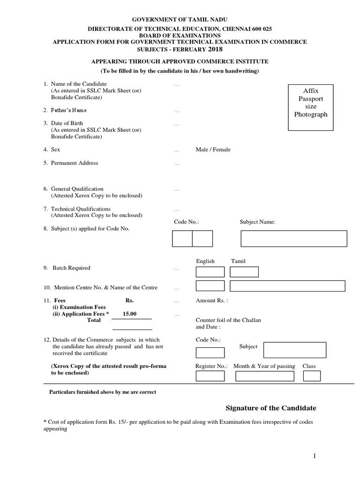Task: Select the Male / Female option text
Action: pyautogui.click(x=213, y=150)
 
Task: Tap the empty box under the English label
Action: pyautogui.click(x=210, y=272)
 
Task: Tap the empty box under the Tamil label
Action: pyautogui.click(x=244, y=272)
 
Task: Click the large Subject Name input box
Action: pyautogui.click(x=293, y=239)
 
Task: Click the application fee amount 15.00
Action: pyautogui.click(x=129, y=314)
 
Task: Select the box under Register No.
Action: pyautogui.click(x=210, y=376)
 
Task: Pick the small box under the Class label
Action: pyautogui.click(x=312, y=376)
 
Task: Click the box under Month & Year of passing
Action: pyautogui.click(x=264, y=376)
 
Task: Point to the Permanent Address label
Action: pyautogui.click(x=75, y=163)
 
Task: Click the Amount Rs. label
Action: pyautogui.click(x=212, y=300)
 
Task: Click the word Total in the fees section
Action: pyautogui.click(x=94, y=320)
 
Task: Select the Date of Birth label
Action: pyautogui.click(x=67, y=123)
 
